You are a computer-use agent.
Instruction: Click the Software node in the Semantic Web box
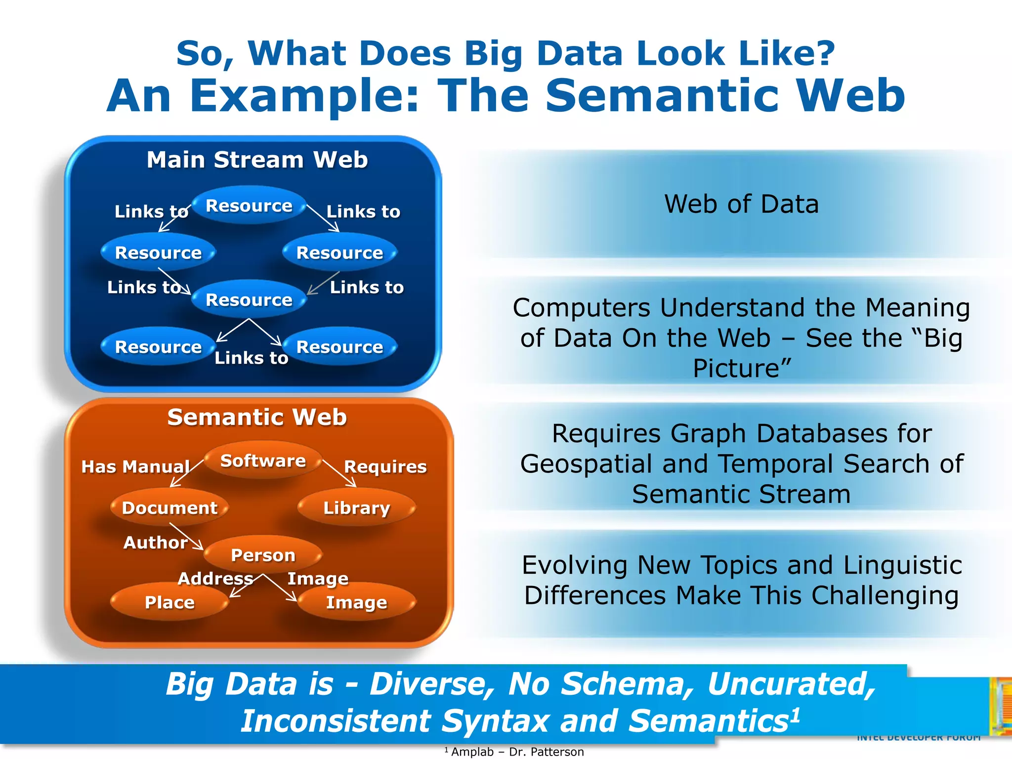click(x=263, y=461)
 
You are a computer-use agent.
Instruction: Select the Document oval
click(x=169, y=507)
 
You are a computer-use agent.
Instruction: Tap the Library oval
click(x=356, y=507)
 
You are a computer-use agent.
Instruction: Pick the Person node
click(x=263, y=555)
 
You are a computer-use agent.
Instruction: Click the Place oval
click(x=169, y=602)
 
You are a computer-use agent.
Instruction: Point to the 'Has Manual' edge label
click(x=135, y=466)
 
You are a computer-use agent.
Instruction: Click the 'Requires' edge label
click(x=385, y=466)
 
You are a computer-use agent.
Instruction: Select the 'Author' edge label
click(x=155, y=543)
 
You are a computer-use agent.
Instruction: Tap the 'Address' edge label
click(x=215, y=578)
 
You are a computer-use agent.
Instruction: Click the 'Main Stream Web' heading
click(x=257, y=160)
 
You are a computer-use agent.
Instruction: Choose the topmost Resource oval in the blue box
click(x=249, y=206)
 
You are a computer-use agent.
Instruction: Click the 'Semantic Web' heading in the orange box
click(x=257, y=417)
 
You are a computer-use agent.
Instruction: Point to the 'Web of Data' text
click(x=741, y=204)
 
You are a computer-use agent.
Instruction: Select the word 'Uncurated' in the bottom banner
click(x=791, y=684)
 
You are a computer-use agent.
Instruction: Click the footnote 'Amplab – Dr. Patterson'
click(x=517, y=752)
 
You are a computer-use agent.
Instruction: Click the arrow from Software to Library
click(x=339, y=473)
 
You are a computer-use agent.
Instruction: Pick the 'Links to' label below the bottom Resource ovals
click(x=251, y=358)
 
